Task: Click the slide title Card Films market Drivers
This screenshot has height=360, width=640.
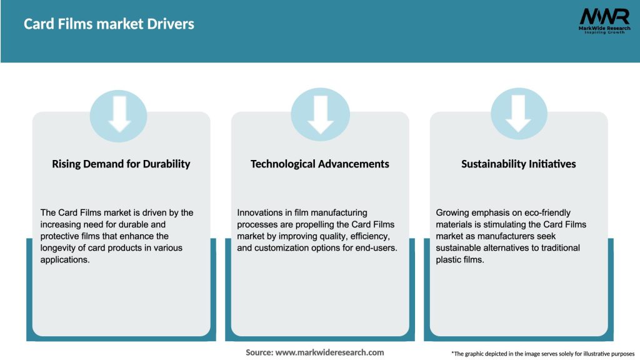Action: pyautogui.click(x=109, y=24)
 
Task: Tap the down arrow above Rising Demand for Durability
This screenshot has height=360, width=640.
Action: pyautogui.click(x=119, y=114)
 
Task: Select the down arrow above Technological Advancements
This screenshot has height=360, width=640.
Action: pyautogui.click(x=320, y=114)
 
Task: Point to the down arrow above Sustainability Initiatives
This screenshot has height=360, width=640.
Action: pyautogui.click(x=519, y=114)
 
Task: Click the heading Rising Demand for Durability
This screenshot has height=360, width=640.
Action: pyautogui.click(x=121, y=164)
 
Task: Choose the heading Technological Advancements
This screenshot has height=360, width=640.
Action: pyautogui.click(x=319, y=164)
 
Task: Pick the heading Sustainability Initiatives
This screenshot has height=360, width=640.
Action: pyautogui.click(x=518, y=164)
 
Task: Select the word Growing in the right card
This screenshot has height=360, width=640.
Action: pyautogui.click(x=452, y=213)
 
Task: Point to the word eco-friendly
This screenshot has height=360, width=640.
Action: pyautogui.click(x=542, y=213)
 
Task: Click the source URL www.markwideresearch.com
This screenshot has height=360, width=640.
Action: pyautogui.click(x=330, y=352)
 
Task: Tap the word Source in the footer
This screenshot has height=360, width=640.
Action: pyautogui.click(x=259, y=352)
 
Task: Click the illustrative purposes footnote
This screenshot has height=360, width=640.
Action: pyautogui.click(x=542, y=354)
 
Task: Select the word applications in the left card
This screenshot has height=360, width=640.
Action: pyautogui.click(x=65, y=260)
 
